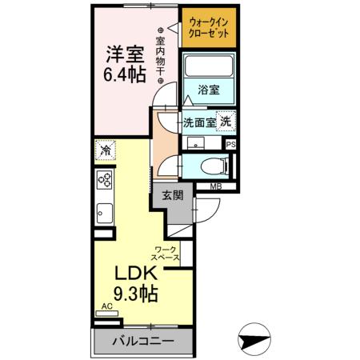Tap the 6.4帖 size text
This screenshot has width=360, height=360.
pyautogui.click(x=125, y=76)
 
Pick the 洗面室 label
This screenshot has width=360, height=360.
pyautogui.click(x=199, y=122)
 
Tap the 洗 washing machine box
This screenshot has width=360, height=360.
pyautogui.click(x=226, y=122)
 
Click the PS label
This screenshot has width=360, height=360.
pyautogui.click(x=231, y=144)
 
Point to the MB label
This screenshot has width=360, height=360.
pyautogui.click(x=216, y=187)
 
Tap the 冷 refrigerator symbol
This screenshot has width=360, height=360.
pyautogui.click(x=106, y=149)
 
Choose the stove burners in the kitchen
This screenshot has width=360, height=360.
pyautogui.click(x=105, y=181)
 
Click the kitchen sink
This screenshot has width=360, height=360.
pyautogui.click(x=105, y=212)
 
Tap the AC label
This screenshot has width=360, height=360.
pyautogui.click(x=107, y=306)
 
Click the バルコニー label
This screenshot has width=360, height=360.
pyautogui.click(x=142, y=341)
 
